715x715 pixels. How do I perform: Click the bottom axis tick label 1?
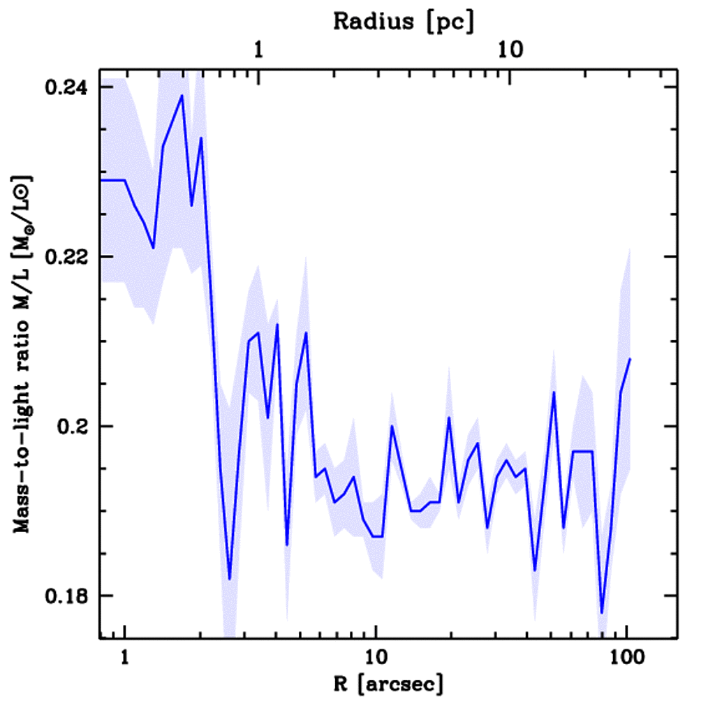[x=125, y=657]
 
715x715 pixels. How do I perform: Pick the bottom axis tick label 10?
[x=376, y=657]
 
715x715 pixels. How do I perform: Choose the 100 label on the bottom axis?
[x=626, y=657]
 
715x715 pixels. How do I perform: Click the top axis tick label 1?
[x=258, y=50]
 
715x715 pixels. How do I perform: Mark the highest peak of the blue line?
[x=182, y=96]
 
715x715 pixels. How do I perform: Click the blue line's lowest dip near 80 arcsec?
[x=601, y=612]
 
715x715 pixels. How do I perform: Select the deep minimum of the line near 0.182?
[x=229, y=579]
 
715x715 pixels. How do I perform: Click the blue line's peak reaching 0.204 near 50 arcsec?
[x=554, y=392]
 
